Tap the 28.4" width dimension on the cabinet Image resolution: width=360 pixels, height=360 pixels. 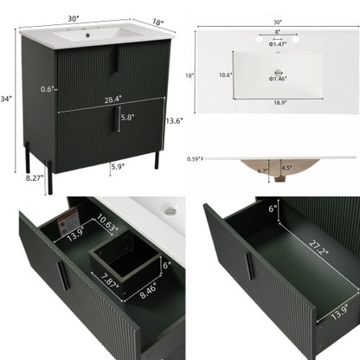(112, 99)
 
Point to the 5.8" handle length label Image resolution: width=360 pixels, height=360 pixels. (127, 116)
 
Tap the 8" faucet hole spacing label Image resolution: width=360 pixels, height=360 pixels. (278, 33)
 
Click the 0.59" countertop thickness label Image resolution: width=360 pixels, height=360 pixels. (196, 158)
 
